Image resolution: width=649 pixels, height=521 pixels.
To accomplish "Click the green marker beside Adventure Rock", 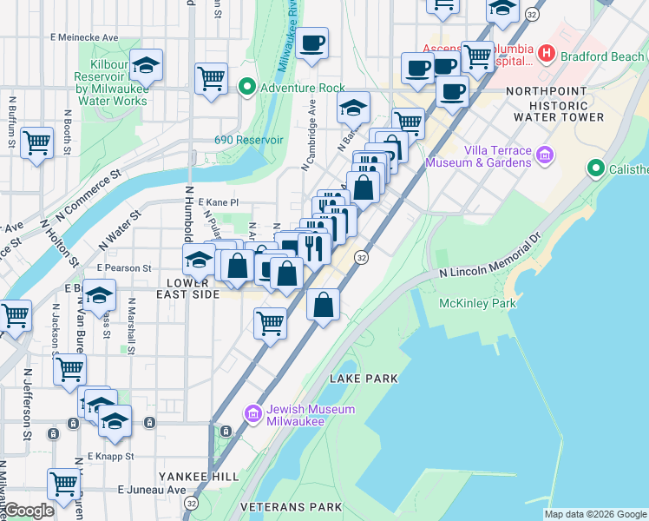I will click(x=246, y=88).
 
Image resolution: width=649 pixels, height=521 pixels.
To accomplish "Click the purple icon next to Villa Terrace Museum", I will click(x=545, y=156).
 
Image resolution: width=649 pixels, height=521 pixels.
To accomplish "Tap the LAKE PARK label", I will click(x=364, y=379).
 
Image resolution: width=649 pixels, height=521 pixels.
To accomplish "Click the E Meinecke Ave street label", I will click(x=84, y=37).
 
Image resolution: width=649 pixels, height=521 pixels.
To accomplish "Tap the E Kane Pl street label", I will click(x=218, y=201).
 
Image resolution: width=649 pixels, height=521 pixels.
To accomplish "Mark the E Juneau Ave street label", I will click(x=152, y=490).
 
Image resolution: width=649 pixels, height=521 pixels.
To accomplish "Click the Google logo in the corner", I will click(x=29, y=511).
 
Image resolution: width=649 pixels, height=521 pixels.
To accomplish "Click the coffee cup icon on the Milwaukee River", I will click(x=312, y=43).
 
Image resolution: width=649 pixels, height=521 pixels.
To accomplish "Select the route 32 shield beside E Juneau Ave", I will click(x=191, y=502).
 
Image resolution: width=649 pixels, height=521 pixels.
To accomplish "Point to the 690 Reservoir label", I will click(x=249, y=140).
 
